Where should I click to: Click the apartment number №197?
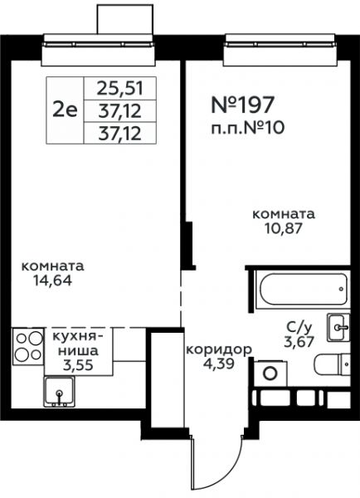point(242,105)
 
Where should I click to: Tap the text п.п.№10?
point(248,128)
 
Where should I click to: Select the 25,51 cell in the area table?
point(120,88)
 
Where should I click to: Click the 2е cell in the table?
point(65,110)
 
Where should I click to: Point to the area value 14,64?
point(53,281)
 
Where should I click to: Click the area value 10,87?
point(284,228)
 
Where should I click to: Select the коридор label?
point(219,350)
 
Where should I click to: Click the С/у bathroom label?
point(299,327)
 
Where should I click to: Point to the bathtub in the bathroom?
point(303,289)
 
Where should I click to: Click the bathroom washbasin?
point(338,327)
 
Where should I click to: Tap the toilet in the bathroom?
point(333,364)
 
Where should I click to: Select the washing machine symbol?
point(270,373)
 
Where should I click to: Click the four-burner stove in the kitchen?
point(28,346)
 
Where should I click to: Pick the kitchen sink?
point(60,392)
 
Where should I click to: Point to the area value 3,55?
point(78,365)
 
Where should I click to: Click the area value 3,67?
point(299,341)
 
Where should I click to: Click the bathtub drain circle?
point(341,290)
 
